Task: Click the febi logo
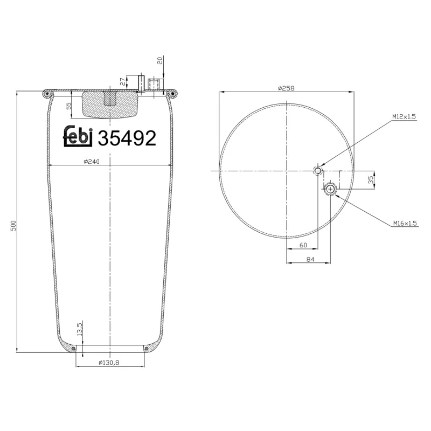79,137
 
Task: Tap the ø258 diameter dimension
287,87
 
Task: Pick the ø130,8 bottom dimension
108,363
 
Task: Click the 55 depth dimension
69,106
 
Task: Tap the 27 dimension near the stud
122,82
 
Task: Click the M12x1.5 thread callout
404,117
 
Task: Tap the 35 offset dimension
371,180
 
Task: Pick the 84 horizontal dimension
310,260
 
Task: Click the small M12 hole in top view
318,171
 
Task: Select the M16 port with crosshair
330,189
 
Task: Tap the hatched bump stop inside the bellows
109,105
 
